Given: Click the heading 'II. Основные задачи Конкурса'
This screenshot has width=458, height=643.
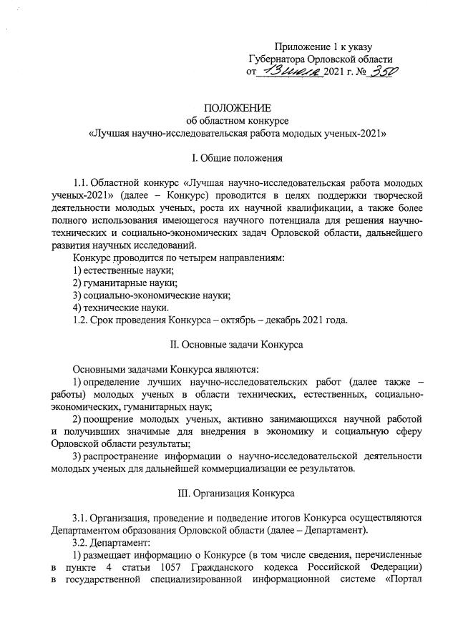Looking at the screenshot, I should coord(236,344).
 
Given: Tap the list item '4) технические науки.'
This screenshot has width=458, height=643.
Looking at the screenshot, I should coord(121,308).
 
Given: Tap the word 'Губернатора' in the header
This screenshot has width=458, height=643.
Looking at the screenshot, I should coord(280,59).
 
